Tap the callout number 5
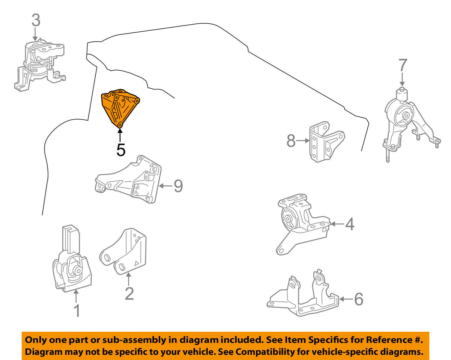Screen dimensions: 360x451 (x=121, y=150)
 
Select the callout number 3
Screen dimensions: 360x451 (x=36, y=20)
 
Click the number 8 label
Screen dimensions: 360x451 (x=291, y=141)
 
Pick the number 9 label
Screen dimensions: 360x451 (x=178, y=186)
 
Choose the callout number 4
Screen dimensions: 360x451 (x=349, y=224)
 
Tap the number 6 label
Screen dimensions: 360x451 (x=358, y=299)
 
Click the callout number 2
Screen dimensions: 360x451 (x=129, y=294)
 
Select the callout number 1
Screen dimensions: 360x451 (x=77, y=311)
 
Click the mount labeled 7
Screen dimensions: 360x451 (x=406, y=120)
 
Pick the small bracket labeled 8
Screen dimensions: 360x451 (x=325, y=141)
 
